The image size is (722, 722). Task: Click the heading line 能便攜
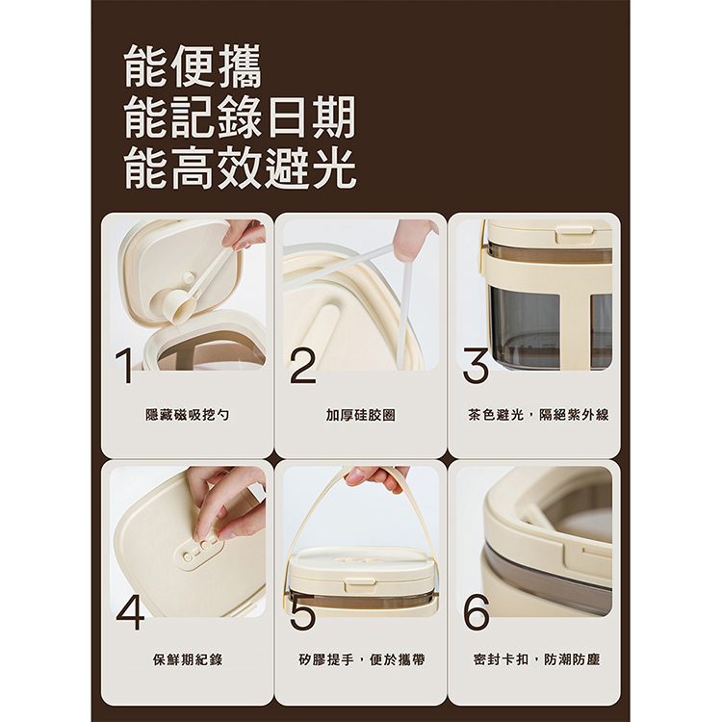pos(193,68)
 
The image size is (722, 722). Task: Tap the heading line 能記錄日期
pos(240,118)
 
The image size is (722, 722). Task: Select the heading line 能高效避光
pos(240,168)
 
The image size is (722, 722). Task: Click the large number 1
pos(123,367)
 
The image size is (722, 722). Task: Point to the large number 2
pos(302,367)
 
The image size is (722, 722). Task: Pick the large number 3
pos(476,367)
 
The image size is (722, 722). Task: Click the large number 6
pos(476,611)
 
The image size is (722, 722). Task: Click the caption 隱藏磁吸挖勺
pos(187,415)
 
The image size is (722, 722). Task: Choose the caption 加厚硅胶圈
pos(360,415)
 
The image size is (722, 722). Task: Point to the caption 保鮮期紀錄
pos(187,660)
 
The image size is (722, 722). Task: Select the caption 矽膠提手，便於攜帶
pos(360,660)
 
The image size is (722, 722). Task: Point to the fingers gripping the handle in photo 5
pos(375,476)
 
